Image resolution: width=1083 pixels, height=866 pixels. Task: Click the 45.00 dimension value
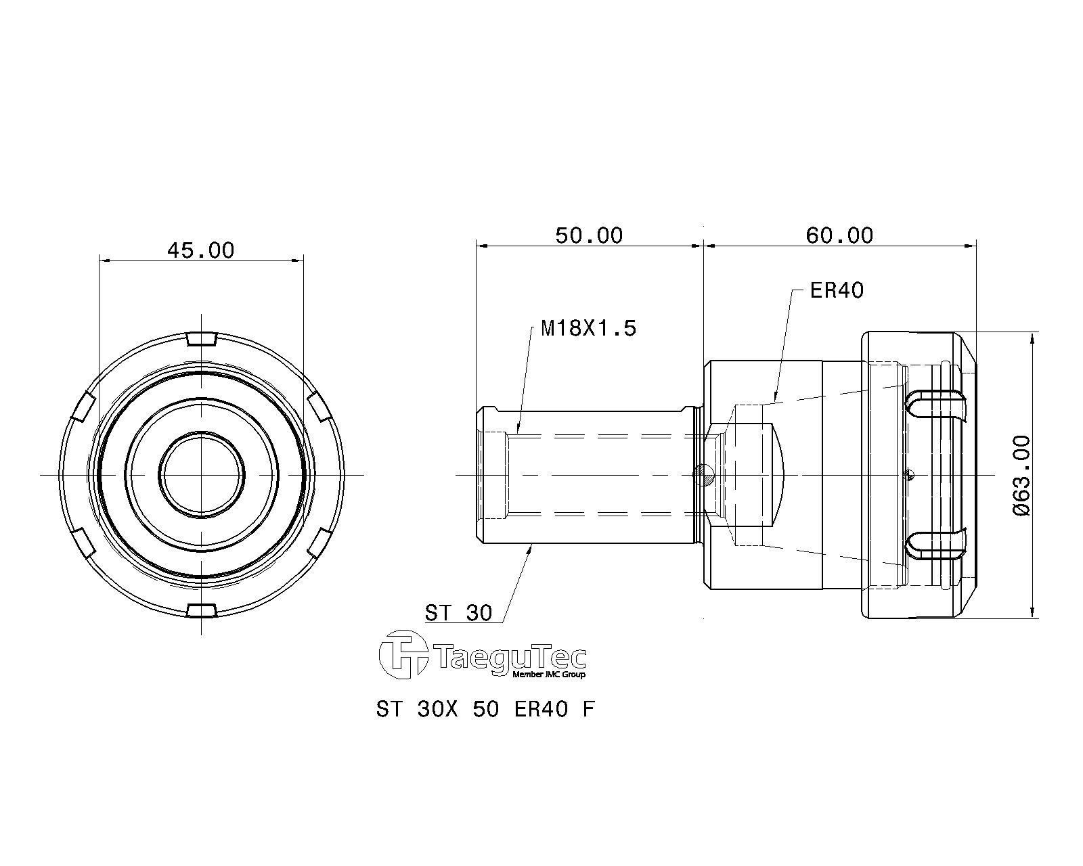click(201, 250)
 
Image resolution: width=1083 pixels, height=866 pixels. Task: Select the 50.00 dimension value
click(589, 235)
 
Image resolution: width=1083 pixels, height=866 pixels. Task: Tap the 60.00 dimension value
click(839, 235)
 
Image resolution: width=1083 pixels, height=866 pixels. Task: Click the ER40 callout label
click(837, 290)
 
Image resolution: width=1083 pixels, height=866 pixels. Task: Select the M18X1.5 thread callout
click(588, 329)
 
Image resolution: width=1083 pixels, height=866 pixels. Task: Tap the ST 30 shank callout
click(458, 613)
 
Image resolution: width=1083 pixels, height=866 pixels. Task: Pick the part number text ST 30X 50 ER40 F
click(485, 709)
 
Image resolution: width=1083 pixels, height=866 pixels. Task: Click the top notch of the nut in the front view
click(201, 339)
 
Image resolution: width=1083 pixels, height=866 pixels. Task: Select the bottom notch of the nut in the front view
click(201, 610)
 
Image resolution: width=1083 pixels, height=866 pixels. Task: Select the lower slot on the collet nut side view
click(937, 544)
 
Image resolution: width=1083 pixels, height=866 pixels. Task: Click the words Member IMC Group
click(548, 675)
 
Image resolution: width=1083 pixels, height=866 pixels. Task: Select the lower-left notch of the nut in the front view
click(85, 543)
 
